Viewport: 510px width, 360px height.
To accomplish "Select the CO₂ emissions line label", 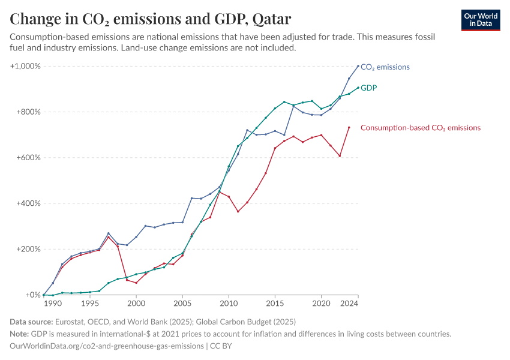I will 385,67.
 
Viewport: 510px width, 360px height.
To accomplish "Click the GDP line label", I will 369,88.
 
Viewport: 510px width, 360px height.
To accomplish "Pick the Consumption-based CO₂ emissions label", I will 420,128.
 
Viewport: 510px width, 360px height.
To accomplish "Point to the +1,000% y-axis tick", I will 25,66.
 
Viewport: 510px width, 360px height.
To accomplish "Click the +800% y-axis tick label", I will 28,112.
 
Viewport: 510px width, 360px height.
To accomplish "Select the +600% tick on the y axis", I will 28,158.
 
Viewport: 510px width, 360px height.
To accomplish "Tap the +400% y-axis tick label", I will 28,203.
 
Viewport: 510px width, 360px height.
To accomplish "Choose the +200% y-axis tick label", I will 28,249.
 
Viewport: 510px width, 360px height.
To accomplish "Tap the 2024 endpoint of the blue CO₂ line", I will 358,66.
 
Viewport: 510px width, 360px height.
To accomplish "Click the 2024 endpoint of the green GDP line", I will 358,88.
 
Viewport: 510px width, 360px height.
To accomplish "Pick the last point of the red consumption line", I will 349,127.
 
